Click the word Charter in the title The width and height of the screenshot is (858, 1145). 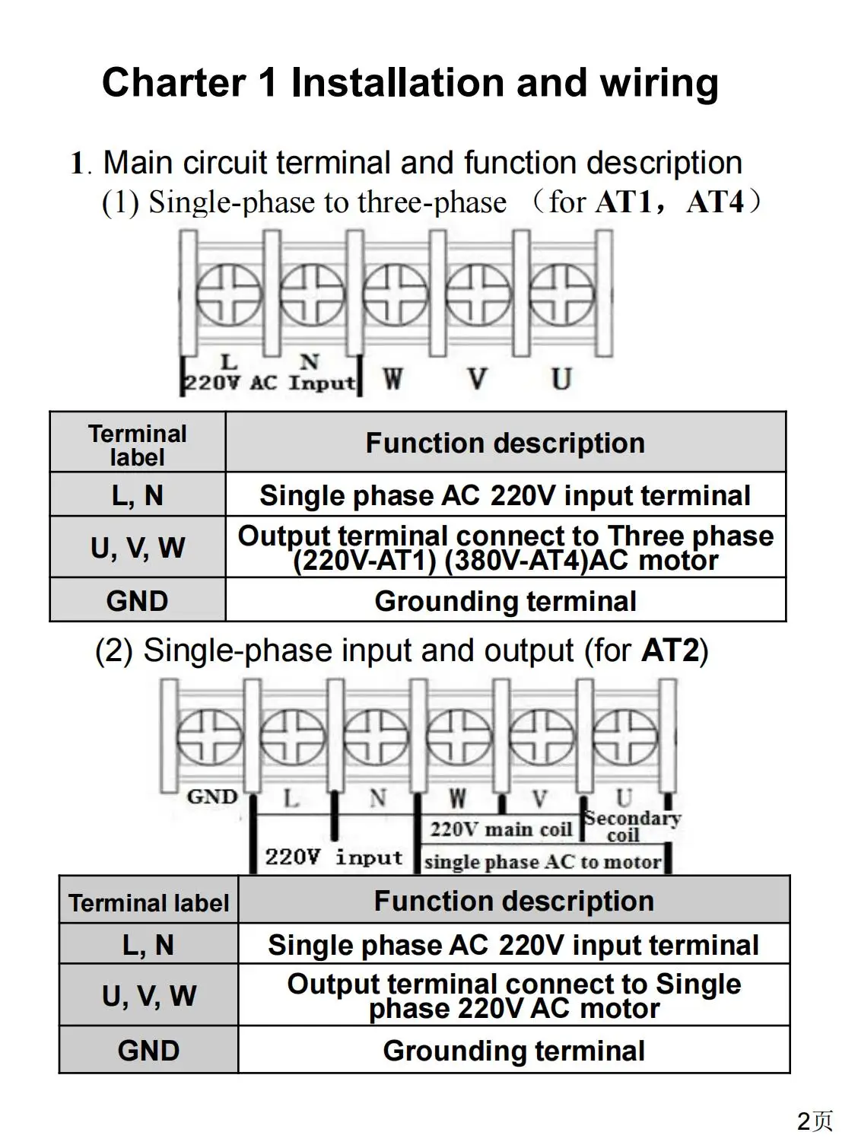[173, 82]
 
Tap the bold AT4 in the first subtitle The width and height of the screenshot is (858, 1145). [714, 202]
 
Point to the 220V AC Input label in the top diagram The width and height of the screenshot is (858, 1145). [270, 382]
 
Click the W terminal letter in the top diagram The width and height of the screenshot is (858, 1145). [392, 378]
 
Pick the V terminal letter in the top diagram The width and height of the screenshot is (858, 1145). [477, 378]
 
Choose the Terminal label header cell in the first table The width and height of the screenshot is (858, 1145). [138, 445]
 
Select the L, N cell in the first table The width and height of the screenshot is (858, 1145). [138, 495]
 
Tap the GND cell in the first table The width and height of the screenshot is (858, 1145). [138, 601]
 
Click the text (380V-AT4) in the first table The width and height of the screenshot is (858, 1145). [516, 561]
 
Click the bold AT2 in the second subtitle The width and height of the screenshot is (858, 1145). [670, 651]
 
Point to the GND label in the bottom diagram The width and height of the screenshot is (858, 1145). [212, 797]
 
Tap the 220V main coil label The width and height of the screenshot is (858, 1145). [500, 829]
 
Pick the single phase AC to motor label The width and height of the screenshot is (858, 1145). [542, 862]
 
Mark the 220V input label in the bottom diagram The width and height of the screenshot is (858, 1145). [333, 857]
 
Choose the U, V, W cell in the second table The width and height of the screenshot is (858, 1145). [149, 996]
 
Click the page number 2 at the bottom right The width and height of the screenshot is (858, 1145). [805, 1121]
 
